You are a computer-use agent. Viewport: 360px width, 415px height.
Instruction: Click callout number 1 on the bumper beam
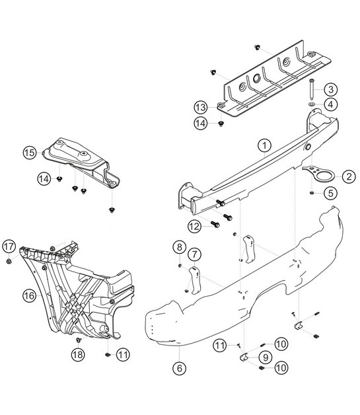(264, 145)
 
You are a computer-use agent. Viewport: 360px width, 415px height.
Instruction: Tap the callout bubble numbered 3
(332, 89)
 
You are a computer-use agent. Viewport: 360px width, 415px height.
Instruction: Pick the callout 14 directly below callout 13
(201, 122)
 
